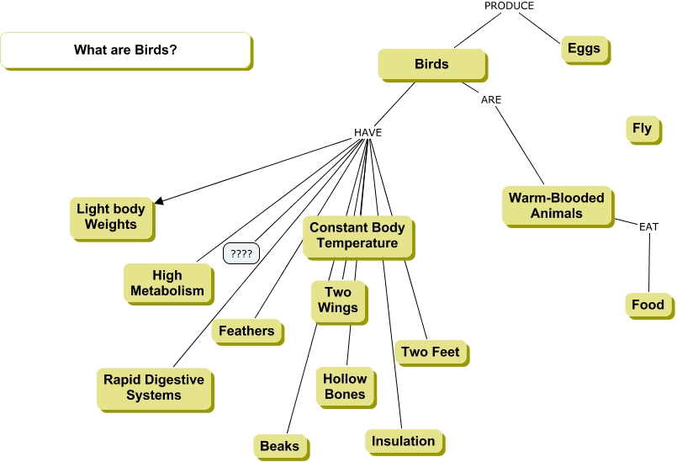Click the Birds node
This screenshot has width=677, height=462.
click(431, 64)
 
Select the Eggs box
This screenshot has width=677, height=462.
click(584, 49)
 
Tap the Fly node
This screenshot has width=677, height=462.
click(642, 129)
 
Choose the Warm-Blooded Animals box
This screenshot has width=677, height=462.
click(556, 205)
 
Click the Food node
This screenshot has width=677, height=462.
click(648, 305)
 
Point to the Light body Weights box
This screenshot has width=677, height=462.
click(110, 217)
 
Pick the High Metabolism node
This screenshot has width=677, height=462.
click(167, 284)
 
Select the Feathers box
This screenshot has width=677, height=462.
click(246, 331)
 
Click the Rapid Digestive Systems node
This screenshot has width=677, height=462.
click(154, 387)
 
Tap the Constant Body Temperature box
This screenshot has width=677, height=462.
click(357, 236)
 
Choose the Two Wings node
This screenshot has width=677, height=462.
click(337, 300)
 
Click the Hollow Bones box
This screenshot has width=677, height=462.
click(345, 386)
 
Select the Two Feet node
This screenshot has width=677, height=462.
click(431, 352)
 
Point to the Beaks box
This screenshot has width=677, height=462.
click(279, 446)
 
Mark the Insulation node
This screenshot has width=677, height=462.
click(404, 441)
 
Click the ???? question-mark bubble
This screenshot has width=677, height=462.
click(241, 252)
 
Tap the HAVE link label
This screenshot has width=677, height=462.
click(368, 133)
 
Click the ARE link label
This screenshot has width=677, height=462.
click(491, 99)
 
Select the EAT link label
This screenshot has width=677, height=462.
click(648, 227)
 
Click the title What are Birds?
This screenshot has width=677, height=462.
click(125, 50)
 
